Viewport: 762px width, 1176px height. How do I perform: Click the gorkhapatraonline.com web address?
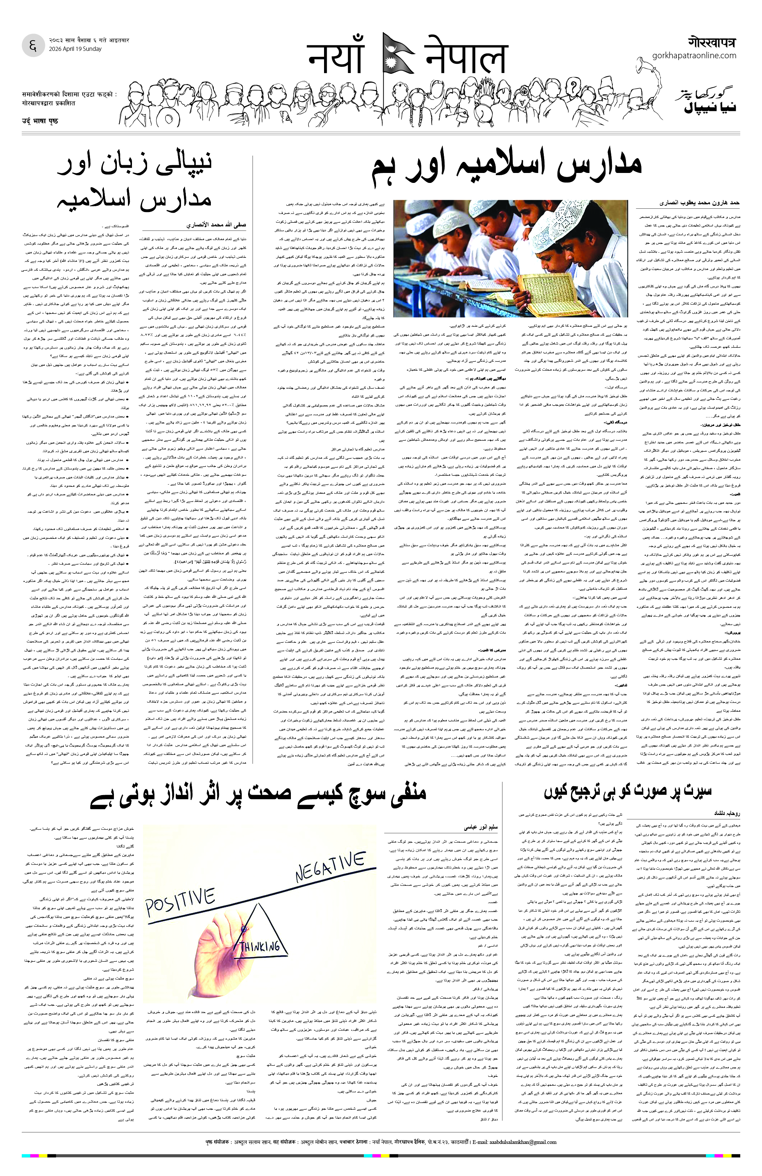point(694,56)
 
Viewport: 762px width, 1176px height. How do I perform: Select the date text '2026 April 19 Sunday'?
point(75,49)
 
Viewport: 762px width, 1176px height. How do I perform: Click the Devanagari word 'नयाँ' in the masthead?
point(336,58)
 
